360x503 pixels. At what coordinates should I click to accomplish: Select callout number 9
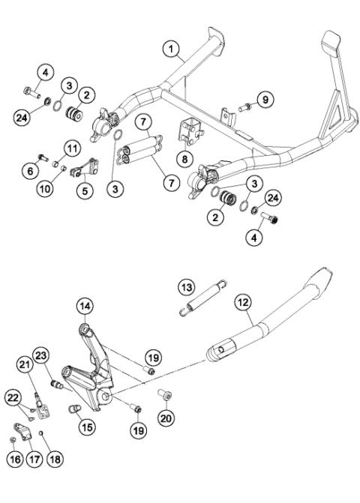click(x=265, y=99)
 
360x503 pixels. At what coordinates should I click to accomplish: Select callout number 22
click(x=15, y=397)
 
